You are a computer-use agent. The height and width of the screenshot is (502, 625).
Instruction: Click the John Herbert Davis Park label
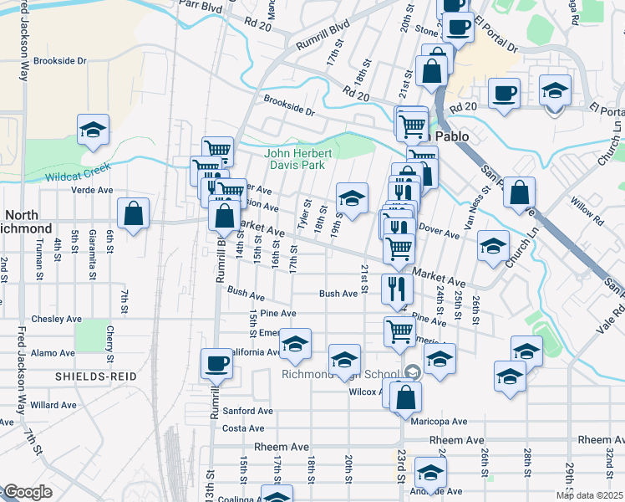pyautogui.click(x=299, y=159)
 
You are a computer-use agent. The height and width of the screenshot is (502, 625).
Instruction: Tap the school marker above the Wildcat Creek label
pyautogui.click(x=94, y=131)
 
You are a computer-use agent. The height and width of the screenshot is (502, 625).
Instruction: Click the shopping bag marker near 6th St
pyautogui.click(x=133, y=214)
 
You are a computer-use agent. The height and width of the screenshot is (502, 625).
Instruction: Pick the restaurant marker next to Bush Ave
pyautogui.click(x=397, y=289)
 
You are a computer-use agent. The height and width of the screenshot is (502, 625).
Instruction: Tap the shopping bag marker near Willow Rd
pyautogui.click(x=519, y=194)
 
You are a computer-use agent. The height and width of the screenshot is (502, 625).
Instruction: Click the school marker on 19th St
pyautogui.click(x=353, y=199)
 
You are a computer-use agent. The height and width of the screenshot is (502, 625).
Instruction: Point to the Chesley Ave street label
pyautogui.click(x=53, y=319)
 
